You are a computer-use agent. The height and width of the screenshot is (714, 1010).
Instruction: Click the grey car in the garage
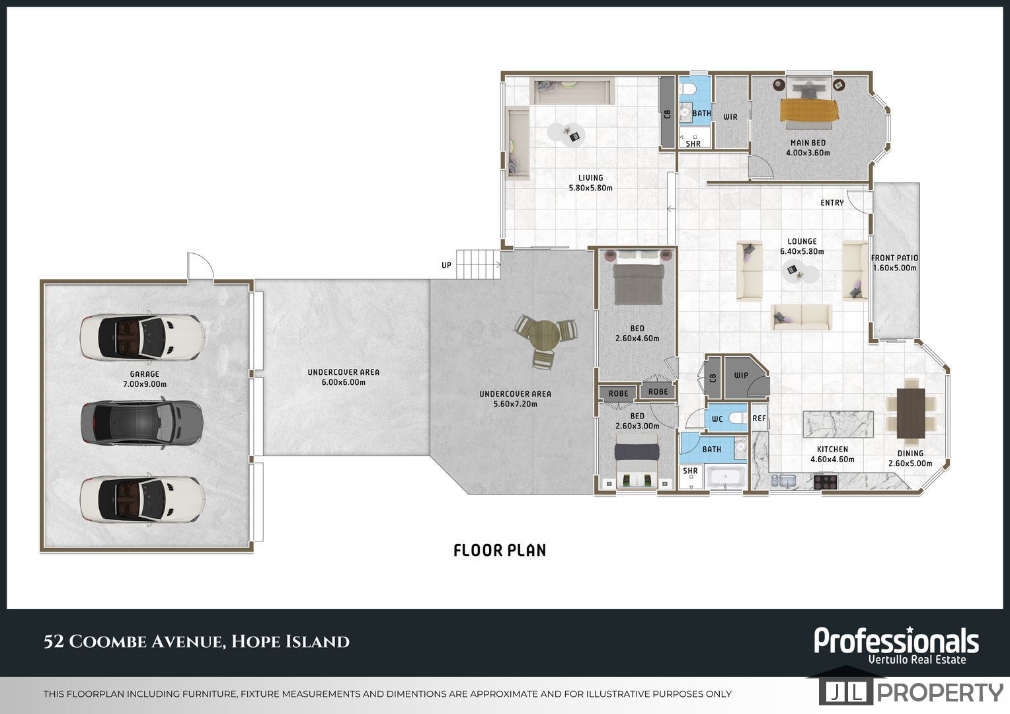(142, 422)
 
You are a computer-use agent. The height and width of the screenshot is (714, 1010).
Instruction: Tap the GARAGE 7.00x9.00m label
(145, 379)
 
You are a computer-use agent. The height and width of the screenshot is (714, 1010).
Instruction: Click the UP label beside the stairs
(446, 264)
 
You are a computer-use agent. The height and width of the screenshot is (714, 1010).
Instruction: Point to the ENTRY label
(832, 202)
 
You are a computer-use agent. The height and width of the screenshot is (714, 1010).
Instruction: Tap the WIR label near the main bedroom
(730, 117)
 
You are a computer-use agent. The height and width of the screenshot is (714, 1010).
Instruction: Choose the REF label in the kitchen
(759, 418)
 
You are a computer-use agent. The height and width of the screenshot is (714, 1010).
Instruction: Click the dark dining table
(911, 413)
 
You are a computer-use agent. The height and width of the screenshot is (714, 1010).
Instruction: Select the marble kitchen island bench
(838, 424)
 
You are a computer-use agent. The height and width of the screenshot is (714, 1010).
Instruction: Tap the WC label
(717, 419)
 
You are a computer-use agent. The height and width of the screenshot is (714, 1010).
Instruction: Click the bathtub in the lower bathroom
(726, 477)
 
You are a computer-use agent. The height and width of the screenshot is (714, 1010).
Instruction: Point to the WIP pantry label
(741, 376)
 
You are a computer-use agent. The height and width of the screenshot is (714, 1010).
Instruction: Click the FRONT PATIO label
(894, 258)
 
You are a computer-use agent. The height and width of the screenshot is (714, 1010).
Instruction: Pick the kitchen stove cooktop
(826, 481)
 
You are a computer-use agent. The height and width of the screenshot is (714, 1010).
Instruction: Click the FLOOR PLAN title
(500, 550)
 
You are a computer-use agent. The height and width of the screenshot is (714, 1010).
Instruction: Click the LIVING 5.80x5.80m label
(591, 182)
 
